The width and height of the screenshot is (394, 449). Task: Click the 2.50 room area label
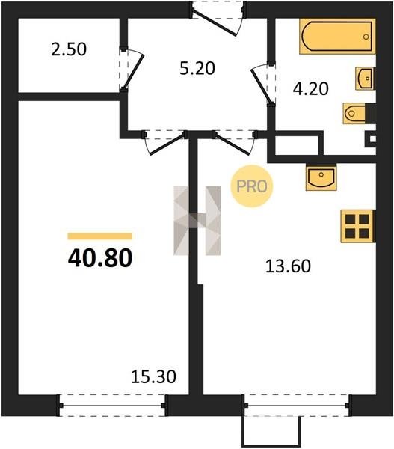(69, 49)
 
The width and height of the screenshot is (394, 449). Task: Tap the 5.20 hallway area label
(197, 69)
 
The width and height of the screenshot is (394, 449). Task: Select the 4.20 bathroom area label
(310, 89)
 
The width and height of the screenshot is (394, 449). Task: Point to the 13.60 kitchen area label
(288, 266)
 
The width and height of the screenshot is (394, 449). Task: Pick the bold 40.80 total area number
(100, 258)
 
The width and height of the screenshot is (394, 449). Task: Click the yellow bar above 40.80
(100, 236)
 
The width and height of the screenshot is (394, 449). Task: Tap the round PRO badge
(252, 186)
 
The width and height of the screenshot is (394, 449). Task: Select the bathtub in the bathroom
(337, 37)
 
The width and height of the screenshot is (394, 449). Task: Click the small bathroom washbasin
(365, 78)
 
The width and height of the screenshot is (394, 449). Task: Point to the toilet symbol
(355, 114)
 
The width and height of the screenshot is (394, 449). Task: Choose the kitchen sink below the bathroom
(321, 177)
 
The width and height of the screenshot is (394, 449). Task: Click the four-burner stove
(357, 226)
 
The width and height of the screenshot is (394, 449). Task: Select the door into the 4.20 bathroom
(261, 84)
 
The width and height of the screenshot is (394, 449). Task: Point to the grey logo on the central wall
(197, 221)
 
